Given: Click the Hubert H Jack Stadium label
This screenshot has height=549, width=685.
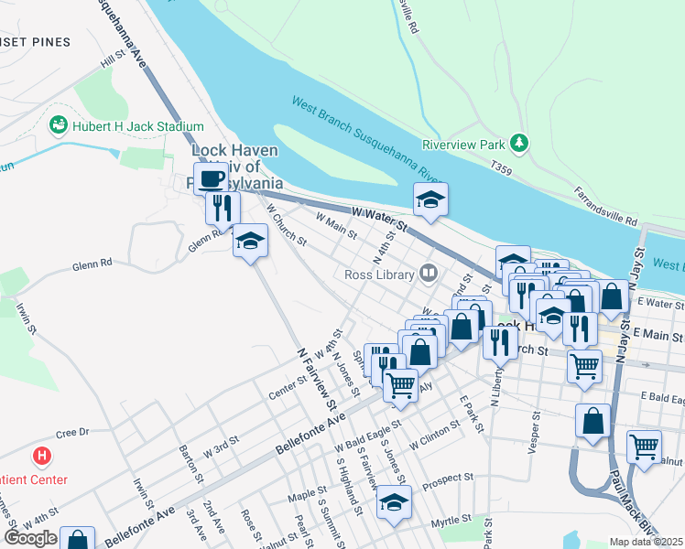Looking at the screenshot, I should pyautogui.click(x=138, y=126).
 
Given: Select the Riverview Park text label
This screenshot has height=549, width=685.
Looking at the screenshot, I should pyautogui.click(x=464, y=145).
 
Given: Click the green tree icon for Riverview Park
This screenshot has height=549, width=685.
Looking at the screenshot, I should pyautogui.click(x=519, y=143).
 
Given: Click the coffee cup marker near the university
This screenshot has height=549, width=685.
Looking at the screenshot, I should pyautogui.click(x=211, y=178).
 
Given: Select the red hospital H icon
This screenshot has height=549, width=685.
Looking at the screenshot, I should pyautogui.click(x=41, y=455).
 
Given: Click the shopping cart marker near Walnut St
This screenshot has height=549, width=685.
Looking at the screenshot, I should pyautogui.click(x=644, y=447).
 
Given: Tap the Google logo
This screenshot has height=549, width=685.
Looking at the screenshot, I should pyautogui.click(x=30, y=538).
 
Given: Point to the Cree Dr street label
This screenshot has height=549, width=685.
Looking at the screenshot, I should pyautogui.click(x=71, y=432).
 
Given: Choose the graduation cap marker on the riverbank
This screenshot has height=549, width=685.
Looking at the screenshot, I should pyautogui.click(x=429, y=199).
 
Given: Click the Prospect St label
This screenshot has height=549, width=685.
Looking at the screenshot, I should pyautogui.click(x=448, y=477).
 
